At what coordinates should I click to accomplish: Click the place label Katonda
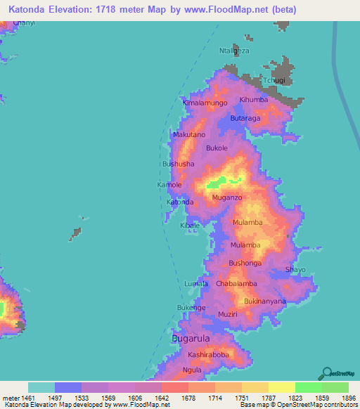[x=179, y=202]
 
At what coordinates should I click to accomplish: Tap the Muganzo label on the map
[x=226, y=198]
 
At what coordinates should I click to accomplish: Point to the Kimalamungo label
[x=205, y=103]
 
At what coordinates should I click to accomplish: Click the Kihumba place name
[x=254, y=100]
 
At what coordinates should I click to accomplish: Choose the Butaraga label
[x=245, y=119]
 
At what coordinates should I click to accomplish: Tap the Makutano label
[x=188, y=134]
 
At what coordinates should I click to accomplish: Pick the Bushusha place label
[x=178, y=164]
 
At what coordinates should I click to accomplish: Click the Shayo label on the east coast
[x=295, y=269]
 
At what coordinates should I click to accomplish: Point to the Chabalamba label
[x=236, y=283]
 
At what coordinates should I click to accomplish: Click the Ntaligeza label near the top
[x=236, y=51]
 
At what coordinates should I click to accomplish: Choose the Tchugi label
[x=274, y=81]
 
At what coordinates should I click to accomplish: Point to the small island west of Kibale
[x=75, y=233]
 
